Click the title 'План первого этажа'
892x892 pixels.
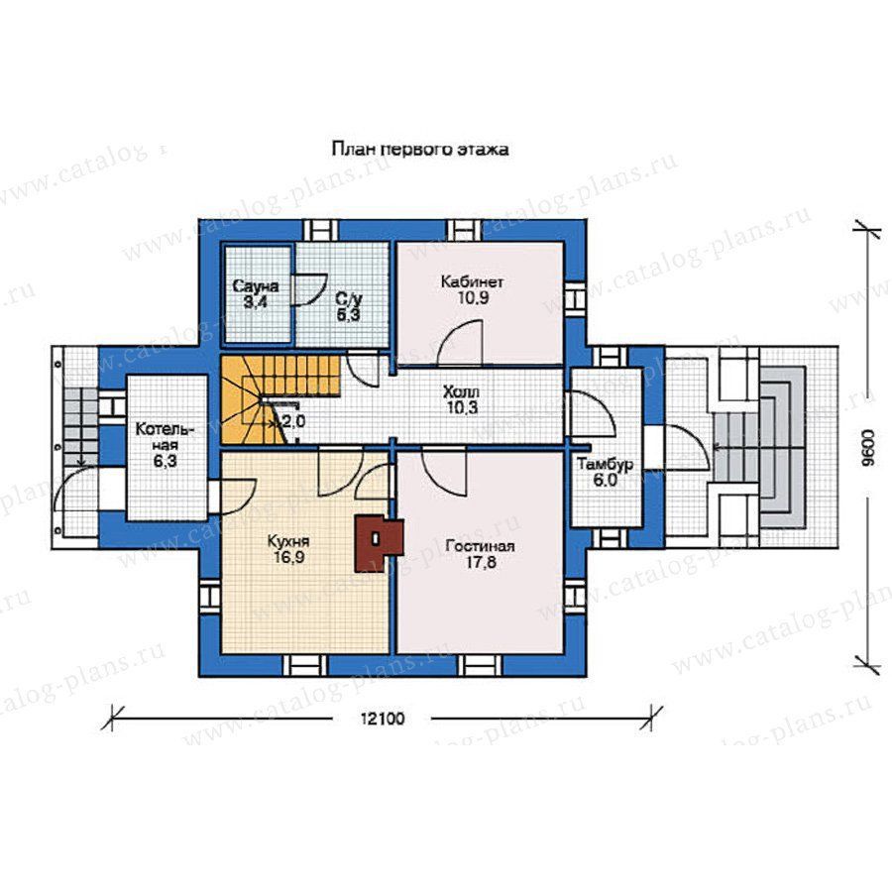420,150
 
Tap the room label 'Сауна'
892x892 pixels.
256,286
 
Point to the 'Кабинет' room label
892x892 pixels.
472,282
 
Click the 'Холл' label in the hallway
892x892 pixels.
461,391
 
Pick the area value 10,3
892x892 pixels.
462,407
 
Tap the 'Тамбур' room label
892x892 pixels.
606,465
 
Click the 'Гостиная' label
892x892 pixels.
480,547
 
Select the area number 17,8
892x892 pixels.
480,563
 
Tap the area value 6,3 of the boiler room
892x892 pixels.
165,461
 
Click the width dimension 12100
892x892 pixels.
383,719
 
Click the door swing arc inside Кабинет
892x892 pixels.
455,336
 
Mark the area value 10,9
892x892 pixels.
473,297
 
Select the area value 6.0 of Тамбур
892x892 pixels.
606,481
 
